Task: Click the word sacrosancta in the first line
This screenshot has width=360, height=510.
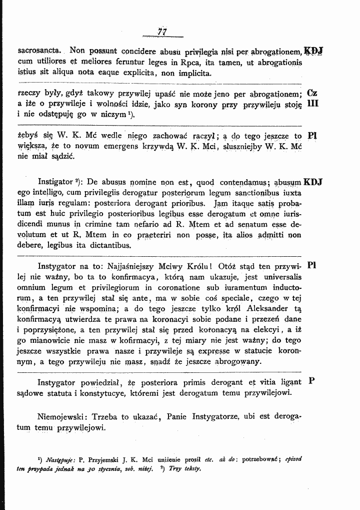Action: pyautogui.click(x=39, y=51)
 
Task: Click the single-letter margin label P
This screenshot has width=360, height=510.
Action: pyautogui.click(x=311, y=381)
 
